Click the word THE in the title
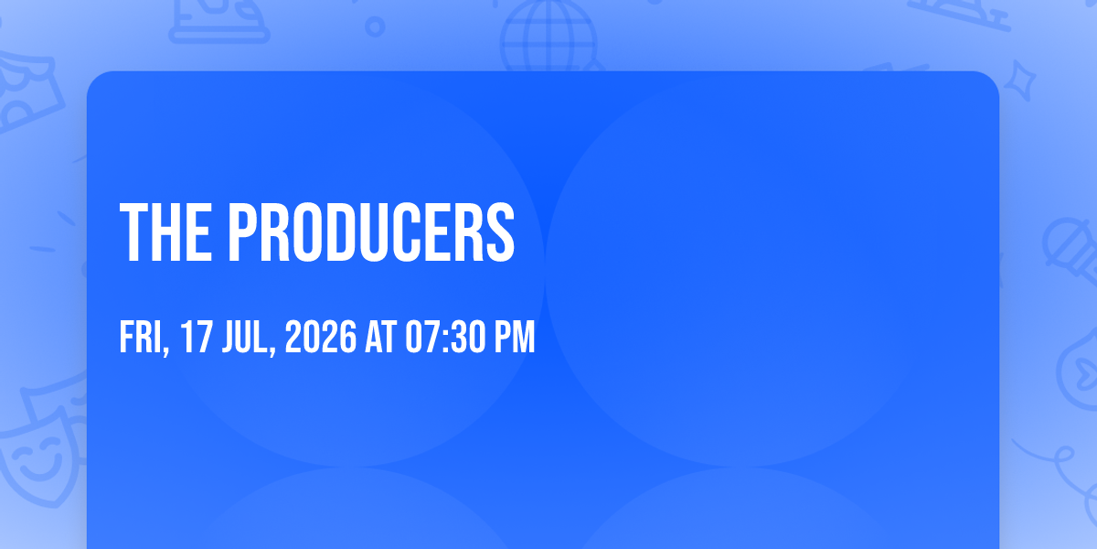click(166, 232)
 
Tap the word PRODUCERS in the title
click(372, 232)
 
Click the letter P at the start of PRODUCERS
click(244, 232)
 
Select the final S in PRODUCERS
click(498, 232)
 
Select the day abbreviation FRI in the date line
click(142, 337)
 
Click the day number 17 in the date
click(196, 337)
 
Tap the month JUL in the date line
click(246, 337)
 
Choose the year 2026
click(321, 337)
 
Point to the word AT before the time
click(380, 337)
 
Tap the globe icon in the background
click(549, 37)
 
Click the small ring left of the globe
click(375, 27)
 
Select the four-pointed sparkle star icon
click(1020, 81)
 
